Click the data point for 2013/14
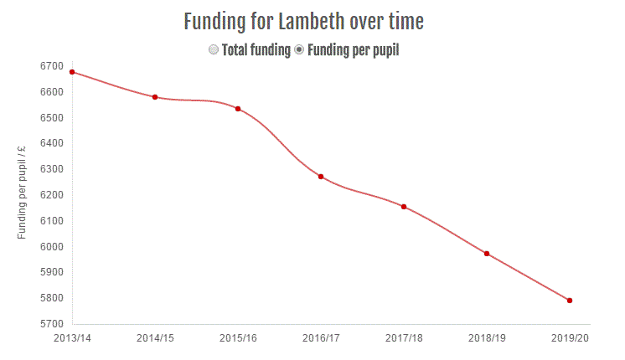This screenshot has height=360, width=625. tap(73, 72)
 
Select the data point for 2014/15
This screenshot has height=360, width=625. tap(155, 97)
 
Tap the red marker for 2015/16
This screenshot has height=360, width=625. tap(238, 109)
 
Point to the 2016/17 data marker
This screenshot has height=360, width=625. tap(321, 177)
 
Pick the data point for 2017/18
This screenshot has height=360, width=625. tap(404, 207)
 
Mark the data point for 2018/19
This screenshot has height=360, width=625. tap(487, 254)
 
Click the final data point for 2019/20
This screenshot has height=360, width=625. tap(570, 301)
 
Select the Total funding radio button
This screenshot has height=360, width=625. tap(214, 50)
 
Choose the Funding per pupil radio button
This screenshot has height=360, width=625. tap(299, 50)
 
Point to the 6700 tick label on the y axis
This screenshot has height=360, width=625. tap(52, 66)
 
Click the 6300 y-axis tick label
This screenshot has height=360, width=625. tap(52, 169)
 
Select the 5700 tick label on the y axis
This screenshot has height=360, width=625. tap(52, 324)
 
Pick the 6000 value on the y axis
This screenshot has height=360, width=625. tap(52, 247)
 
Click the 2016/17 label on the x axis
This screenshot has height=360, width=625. tap(321, 338)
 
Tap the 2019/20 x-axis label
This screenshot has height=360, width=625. tap(570, 338)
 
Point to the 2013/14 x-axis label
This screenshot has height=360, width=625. tap(72, 338)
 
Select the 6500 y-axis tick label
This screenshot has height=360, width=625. tap(52, 118)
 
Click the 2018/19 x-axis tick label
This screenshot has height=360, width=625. tap(487, 338)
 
